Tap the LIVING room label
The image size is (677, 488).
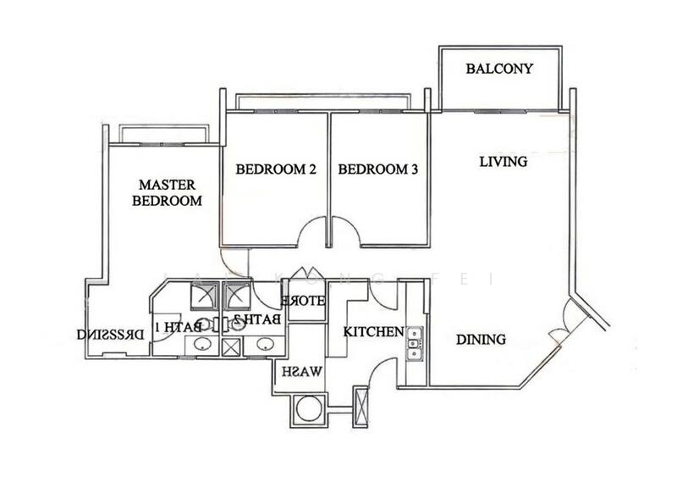[503, 161]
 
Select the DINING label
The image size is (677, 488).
[481, 340]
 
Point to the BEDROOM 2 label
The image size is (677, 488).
[275, 169]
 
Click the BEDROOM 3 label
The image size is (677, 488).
[378, 169]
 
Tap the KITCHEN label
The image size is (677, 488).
[372, 331]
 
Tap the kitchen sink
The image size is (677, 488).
[413, 344]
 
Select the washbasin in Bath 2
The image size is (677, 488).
[266, 345]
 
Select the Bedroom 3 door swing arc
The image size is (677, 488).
[345, 230]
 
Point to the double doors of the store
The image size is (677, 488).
[302, 278]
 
